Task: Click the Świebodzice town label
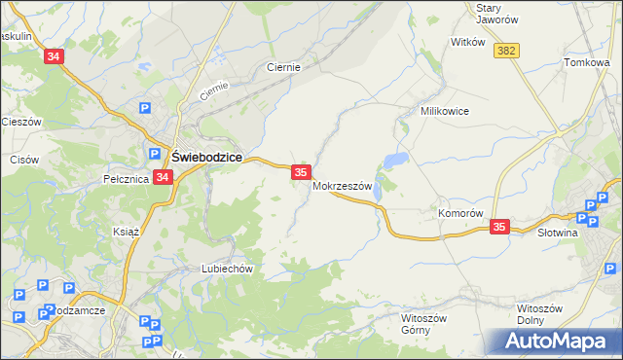[x=206, y=157]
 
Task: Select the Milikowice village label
[x=445, y=111]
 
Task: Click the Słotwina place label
[x=559, y=233]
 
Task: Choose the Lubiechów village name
[x=227, y=269]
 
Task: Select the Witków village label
[x=467, y=43]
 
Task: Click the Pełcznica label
[x=125, y=179]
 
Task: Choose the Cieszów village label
[x=20, y=122]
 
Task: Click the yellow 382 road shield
[x=504, y=51]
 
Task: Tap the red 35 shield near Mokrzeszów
[x=301, y=171]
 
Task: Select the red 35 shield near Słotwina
[x=499, y=227]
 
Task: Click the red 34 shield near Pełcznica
[x=163, y=178]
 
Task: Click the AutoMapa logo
[x=558, y=342]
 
